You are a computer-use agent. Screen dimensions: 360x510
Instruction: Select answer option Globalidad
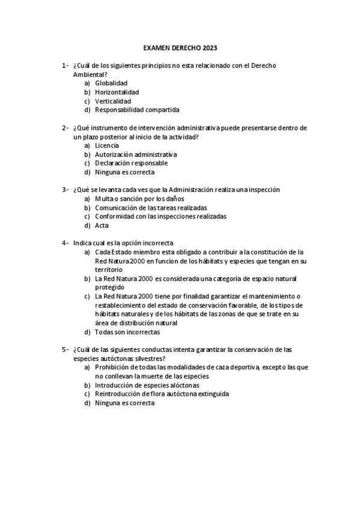pyautogui.click(x=111, y=83)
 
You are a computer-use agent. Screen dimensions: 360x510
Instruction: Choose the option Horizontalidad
pyautogui.click(x=117, y=92)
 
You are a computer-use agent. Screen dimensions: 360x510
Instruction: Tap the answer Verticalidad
pyautogui.click(x=113, y=101)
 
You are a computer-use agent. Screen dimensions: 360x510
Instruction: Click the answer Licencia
pyautogui.click(x=107, y=146)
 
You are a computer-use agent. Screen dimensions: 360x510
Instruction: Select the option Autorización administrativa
pyautogui.click(x=136, y=155)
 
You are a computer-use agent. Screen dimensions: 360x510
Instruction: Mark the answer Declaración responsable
pyautogui.click(x=131, y=163)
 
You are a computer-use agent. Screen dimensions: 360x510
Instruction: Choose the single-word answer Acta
pyautogui.click(x=102, y=226)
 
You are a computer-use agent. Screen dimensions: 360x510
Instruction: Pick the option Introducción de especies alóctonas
pyautogui.click(x=147, y=385)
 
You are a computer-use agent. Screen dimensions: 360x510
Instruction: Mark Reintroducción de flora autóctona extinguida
pyautogui.click(x=162, y=394)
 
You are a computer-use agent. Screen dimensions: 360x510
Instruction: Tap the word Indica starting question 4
pyautogui.click(x=83, y=243)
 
